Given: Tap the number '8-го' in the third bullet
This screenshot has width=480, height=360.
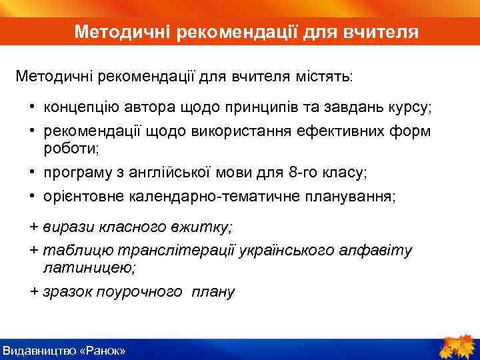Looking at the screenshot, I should [304, 173].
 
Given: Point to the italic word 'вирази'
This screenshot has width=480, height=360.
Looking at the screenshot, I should [64, 227].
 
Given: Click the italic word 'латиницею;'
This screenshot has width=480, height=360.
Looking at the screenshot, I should [89, 268].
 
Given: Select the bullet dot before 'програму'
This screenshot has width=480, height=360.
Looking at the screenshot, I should [32, 173].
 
